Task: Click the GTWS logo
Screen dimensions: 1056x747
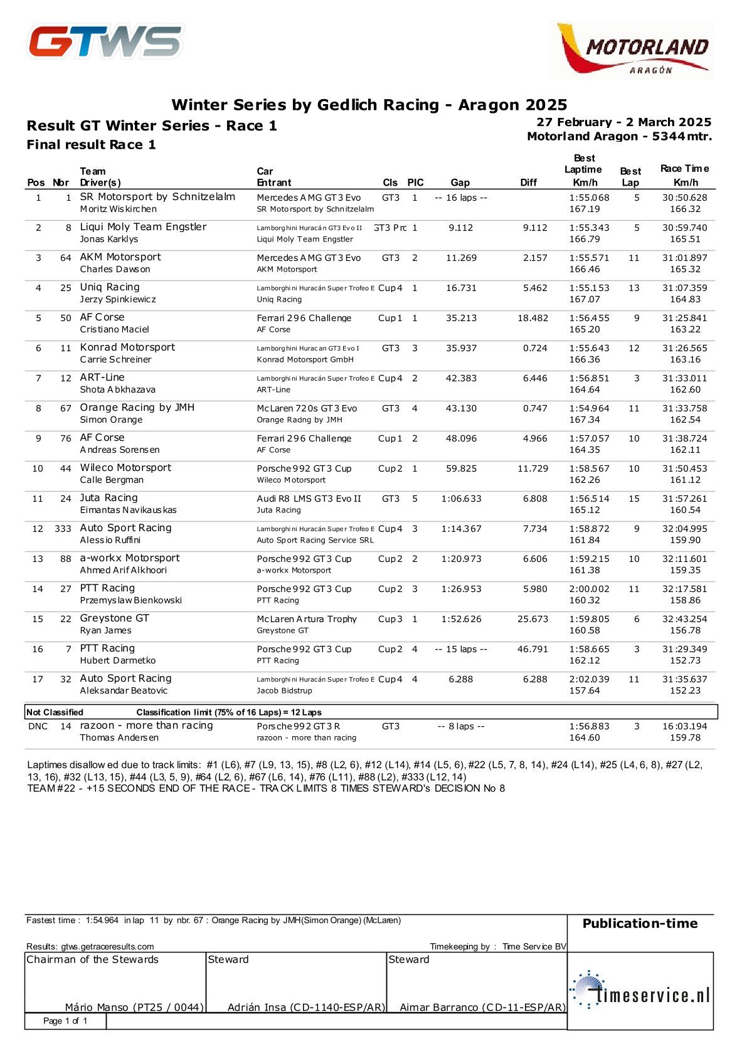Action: [x=105, y=42]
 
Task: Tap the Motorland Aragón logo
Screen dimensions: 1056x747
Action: [x=634, y=50]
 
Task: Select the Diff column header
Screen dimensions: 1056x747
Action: [x=528, y=182]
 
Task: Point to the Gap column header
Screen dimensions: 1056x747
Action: [x=460, y=182]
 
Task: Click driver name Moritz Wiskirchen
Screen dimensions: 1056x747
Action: [x=119, y=209]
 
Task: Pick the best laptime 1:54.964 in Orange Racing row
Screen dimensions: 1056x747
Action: [x=589, y=408]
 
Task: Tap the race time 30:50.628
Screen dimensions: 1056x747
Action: [x=684, y=198]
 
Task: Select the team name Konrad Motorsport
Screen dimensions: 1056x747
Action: [x=127, y=347]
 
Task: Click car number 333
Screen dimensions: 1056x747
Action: [x=63, y=529]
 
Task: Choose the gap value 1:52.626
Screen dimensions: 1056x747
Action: [x=461, y=619]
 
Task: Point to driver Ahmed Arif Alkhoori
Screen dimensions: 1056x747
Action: [x=124, y=570]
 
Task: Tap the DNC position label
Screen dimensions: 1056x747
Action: [x=38, y=726]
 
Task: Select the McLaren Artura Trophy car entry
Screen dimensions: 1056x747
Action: [x=307, y=619]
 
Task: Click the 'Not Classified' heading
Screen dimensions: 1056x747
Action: [x=55, y=712]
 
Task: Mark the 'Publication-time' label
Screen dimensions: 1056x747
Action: [x=640, y=924]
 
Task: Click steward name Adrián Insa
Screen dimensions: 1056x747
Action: [x=305, y=1007]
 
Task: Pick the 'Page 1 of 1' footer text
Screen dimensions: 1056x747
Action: [x=65, y=1021]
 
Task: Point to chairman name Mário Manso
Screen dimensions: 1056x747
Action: [x=134, y=1007]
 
